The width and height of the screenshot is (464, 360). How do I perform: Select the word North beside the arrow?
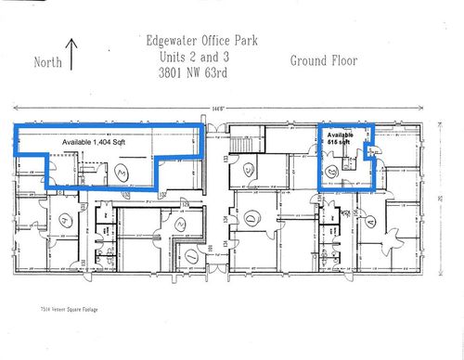pyautogui.click(x=48, y=63)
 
